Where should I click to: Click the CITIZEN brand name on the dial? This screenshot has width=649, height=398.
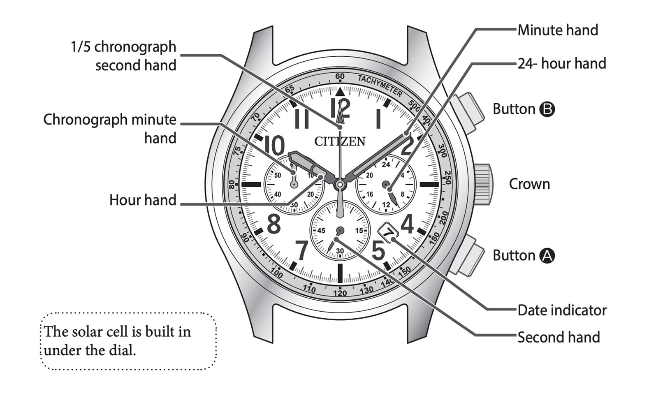coord(340,141)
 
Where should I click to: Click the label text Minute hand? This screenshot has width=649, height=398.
coord(558,30)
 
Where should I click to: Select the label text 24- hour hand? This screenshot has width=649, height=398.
coord(562,63)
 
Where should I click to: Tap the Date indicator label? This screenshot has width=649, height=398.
coord(562,310)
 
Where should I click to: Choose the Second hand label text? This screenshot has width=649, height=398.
coord(559,337)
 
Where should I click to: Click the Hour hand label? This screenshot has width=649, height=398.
coord(143,200)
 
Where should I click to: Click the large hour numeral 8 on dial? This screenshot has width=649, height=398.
coord(274,224)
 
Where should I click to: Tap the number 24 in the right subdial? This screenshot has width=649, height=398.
coord(386,165)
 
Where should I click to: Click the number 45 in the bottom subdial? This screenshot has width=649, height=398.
coord(321,231)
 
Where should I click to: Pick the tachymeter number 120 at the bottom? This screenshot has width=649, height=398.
coord(340,293)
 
